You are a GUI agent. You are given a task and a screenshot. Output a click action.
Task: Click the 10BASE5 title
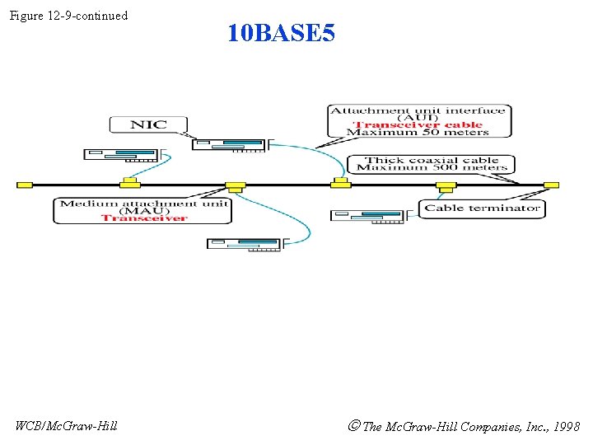point(281,34)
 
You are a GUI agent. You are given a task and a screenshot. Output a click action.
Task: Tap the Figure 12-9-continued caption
point(68,16)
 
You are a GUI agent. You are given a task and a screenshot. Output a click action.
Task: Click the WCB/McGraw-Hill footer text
point(67,425)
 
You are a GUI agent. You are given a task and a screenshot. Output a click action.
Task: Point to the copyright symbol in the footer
point(353,426)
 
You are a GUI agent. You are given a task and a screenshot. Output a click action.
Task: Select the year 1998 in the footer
point(566,426)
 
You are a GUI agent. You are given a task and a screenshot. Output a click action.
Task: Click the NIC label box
point(148,124)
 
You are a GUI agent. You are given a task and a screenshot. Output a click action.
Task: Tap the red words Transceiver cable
point(418,125)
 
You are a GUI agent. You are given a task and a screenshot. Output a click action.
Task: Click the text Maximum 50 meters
point(418,133)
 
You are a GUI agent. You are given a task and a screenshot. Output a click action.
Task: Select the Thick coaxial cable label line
point(432,160)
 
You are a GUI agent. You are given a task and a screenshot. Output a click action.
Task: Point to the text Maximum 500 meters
point(432,168)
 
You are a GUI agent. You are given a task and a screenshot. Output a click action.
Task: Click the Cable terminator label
point(482,208)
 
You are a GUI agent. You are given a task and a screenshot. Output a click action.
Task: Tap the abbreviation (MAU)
point(143,211)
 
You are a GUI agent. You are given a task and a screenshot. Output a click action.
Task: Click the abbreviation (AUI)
point(418,118)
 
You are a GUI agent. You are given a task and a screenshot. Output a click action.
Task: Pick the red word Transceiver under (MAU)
point(144,218)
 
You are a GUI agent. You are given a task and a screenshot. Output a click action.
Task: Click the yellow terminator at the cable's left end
point(25,185)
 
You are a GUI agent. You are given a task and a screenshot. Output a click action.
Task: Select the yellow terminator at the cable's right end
point(551,185)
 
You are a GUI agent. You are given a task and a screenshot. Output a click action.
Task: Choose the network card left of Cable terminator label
point(368,216)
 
